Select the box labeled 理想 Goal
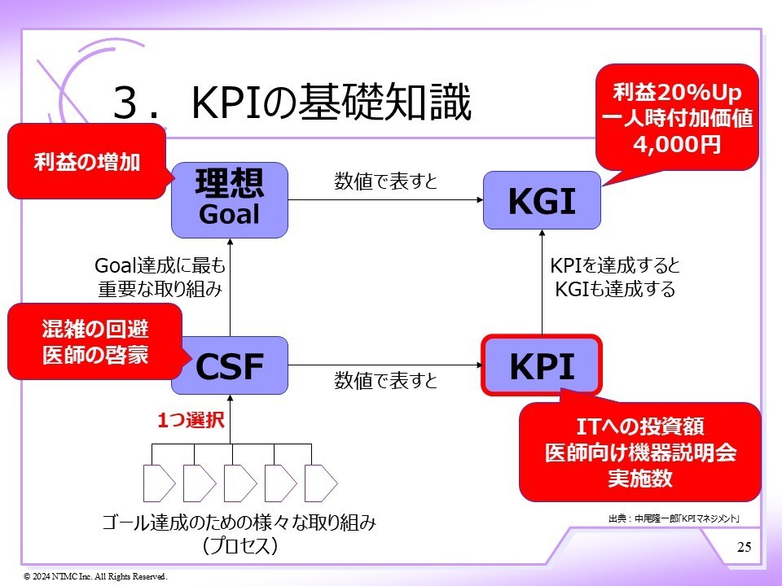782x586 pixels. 230,199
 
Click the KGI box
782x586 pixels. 542,201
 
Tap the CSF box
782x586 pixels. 230,367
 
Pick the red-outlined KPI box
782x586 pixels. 542,366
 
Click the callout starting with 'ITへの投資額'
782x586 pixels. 639,452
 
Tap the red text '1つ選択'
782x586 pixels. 190,421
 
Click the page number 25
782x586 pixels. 744,546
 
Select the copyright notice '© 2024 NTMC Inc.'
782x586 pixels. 95,576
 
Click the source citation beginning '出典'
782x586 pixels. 673,518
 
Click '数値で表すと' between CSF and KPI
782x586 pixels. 385,380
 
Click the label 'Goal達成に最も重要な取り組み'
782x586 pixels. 160,278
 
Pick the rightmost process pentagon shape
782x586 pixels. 320,483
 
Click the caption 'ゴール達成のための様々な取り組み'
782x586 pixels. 239,523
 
